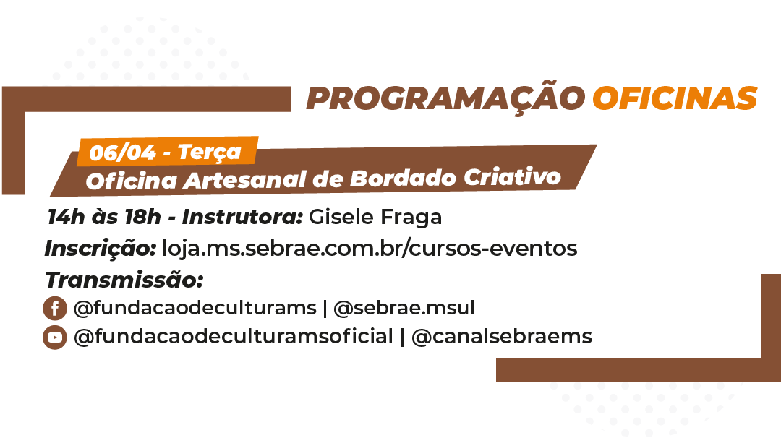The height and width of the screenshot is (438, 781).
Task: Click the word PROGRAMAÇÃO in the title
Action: click(445, 98)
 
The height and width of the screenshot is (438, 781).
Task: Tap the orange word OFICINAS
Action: click(675, 98)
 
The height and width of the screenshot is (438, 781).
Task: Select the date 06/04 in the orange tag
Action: click(122, 153)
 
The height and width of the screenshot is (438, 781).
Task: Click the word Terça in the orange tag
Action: click(210, 152)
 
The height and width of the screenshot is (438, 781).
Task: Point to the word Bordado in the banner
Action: click(403, 179)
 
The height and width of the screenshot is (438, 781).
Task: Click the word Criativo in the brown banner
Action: click(512, 176)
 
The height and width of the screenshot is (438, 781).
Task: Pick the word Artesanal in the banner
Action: click(244, 180)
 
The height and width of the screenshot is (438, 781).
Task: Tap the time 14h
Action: click(67, 217)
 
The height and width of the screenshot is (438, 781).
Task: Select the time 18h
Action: click(143, 217)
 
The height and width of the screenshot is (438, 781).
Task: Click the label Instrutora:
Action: click(242, 217)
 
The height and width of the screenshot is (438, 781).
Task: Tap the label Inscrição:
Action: click(101, 249)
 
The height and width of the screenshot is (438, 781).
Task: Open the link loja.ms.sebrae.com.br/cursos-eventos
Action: click(369, 248)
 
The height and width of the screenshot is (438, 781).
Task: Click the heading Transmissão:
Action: click(124, 280)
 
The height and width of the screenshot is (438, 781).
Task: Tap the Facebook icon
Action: click(55, 308)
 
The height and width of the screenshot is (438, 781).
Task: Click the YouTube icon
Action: click(55, 337)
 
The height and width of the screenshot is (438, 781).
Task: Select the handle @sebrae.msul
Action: click(404, 308)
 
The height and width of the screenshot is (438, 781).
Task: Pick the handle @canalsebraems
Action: click(502, 337)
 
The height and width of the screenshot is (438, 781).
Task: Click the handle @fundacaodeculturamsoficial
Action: click(233, 337)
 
